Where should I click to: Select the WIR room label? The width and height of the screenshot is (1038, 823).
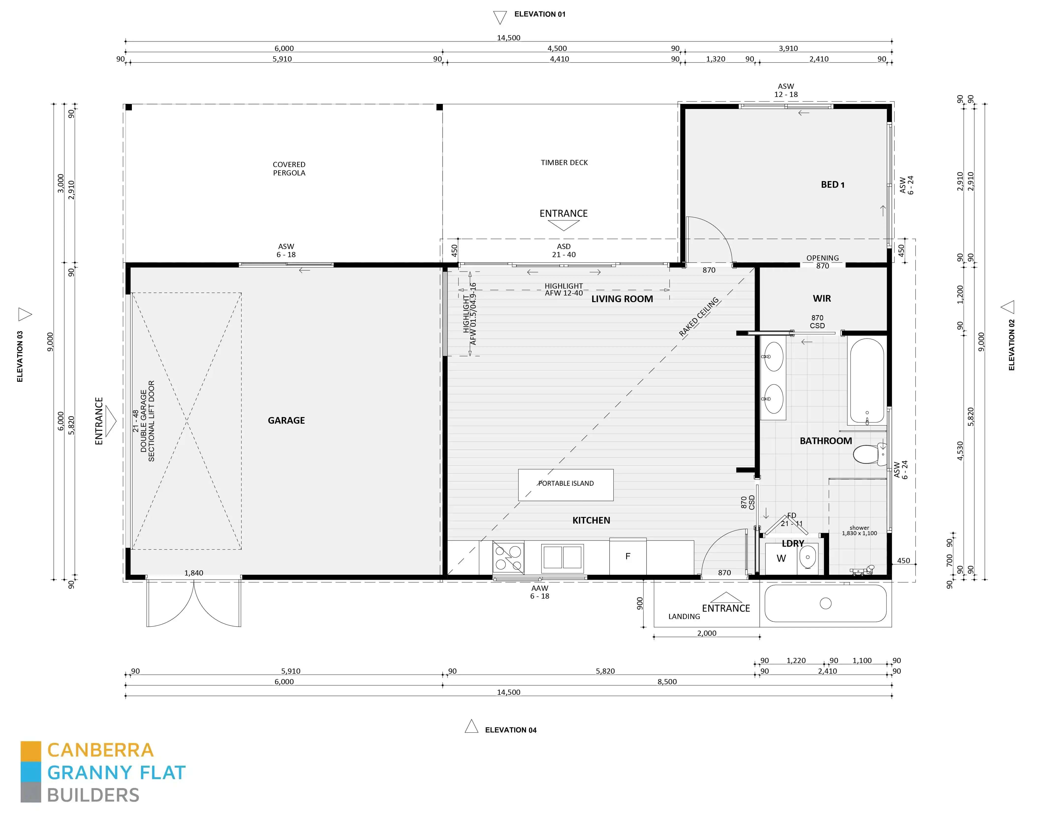[822, 299]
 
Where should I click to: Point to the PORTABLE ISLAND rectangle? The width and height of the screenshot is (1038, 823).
[566, 485]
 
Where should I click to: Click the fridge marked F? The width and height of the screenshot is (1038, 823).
[628, 556]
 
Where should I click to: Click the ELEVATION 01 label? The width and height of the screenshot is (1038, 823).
[540, 15]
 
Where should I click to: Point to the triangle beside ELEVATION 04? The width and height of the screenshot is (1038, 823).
[471, 726]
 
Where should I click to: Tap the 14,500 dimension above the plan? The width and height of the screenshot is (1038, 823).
[508, 38]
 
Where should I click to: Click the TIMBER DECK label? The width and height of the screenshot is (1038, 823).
[564, 163]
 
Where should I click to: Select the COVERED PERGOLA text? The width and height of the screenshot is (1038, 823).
[289, 169]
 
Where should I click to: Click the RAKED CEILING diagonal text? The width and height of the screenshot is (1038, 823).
[699, 317]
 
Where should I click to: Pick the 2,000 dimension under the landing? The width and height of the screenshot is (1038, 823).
[707, 633]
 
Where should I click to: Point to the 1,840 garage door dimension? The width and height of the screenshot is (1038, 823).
[194, 573]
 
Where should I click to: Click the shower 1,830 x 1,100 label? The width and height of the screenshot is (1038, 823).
[859, 530]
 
